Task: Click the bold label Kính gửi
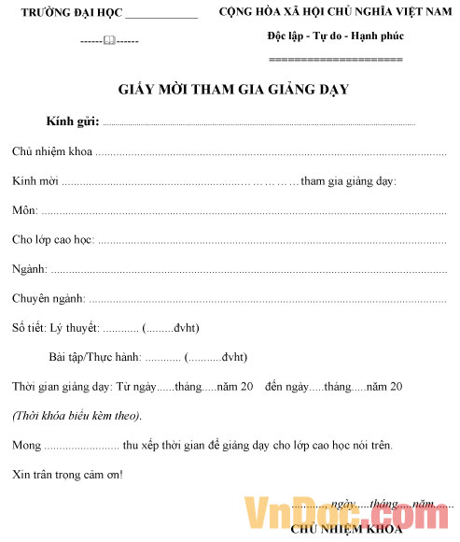click(x=71, y=122)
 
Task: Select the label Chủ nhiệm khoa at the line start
click(x=51, y=152)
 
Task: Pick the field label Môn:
click(x=24, y=211)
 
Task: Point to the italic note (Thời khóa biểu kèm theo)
click(x=77, y=416)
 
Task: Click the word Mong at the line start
click(x=26, y=445)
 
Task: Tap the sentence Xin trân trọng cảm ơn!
click(x=67, y=475)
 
